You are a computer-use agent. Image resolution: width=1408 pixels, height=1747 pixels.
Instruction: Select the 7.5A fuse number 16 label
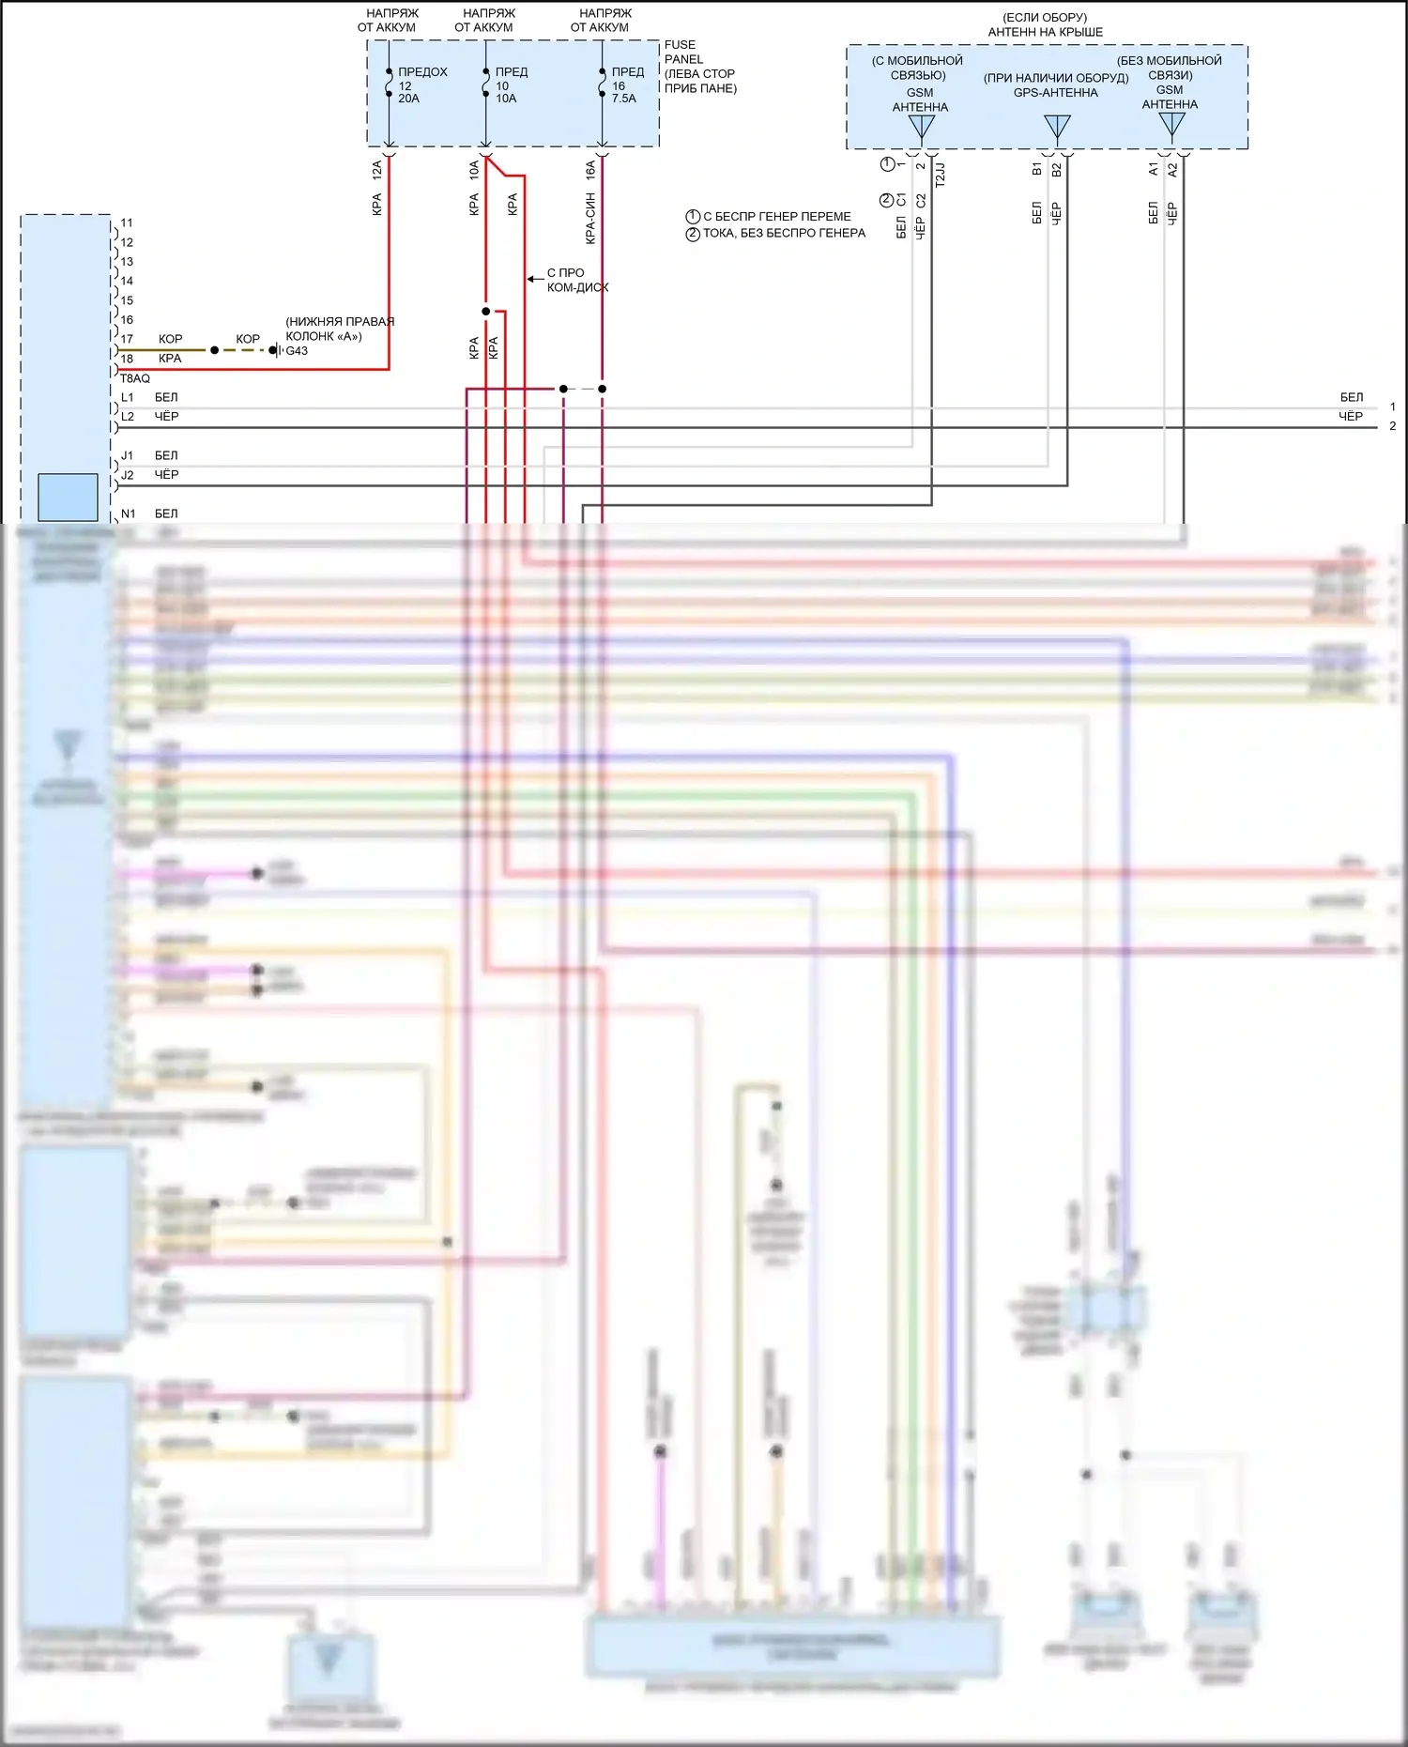(619, 85)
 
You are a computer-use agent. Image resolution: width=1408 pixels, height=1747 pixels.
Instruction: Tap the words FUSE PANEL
(681, 52)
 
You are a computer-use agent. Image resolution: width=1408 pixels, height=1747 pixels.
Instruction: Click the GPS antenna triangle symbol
(1057, 126)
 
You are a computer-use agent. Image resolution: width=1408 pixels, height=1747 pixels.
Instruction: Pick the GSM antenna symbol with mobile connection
(921, 127)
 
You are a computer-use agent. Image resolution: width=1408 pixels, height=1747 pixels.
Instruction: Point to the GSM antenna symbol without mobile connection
(1171, 124)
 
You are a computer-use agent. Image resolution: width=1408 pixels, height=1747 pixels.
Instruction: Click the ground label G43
(297, 351)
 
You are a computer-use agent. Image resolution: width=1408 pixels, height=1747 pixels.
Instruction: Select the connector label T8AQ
(135, 378)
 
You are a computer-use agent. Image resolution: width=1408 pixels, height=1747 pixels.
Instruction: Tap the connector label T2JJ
(940, 175)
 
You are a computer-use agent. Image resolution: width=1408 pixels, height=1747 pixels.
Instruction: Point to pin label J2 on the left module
(128, 475)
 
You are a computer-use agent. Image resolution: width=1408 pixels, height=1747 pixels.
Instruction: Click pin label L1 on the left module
(128, 397)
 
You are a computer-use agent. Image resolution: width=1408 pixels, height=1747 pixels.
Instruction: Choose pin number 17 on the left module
(127, 339)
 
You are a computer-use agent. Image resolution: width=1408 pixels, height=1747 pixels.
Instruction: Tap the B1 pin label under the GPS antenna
(1036, 169)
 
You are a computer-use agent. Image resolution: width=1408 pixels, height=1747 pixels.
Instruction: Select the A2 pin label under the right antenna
(1172, 169)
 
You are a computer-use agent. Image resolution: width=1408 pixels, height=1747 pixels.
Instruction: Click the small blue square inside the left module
(68, 497)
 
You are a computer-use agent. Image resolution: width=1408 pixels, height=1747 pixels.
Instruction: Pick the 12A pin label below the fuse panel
(376, 170)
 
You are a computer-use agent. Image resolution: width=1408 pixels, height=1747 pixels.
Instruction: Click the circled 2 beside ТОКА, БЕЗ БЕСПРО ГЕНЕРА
(693, 234)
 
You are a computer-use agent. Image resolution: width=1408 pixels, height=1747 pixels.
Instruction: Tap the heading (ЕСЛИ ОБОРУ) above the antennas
(1045, 17)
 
